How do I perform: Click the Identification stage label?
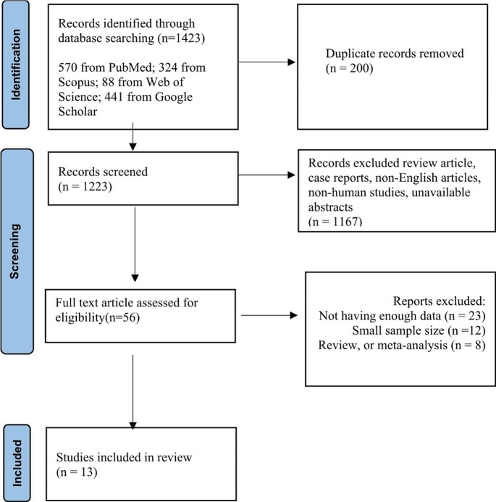[x=16, y=64]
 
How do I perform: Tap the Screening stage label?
[x=15, y=251]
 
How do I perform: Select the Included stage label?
[x=17, y=464]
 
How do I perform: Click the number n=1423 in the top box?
[x=181, y=38]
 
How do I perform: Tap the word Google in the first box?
[x=174, y=97]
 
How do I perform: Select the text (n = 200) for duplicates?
[x=350, y=69]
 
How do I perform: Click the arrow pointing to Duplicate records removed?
[x=267, y=62]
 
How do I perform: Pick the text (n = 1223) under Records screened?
[x=85, y=187]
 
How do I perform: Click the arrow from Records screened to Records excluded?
[x=267, y=175]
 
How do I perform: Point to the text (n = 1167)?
[x=335, y=222]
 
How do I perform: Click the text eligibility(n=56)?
[x=98, y=317]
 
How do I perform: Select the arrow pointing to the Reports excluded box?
[x=269, y=315]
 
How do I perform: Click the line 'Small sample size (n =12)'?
[x=419, y=330]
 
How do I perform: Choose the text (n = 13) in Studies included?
[x=77, y=472]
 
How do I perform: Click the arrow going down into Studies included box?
[x=133, y=392]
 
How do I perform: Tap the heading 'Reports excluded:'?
[x=440, y=301]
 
